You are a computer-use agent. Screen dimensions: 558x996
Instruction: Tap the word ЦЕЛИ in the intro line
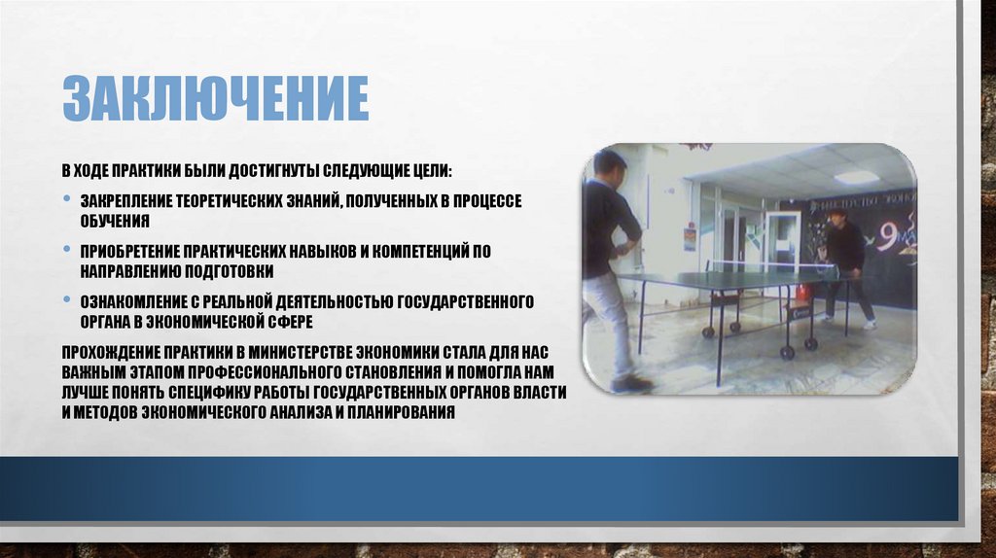[x=428, y=170]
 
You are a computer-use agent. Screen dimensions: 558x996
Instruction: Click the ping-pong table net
[x=768, y=264]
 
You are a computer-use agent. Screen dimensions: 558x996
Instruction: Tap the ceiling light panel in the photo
[x=856, y=178]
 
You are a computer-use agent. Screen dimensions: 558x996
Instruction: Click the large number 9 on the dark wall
[x=889, y=237]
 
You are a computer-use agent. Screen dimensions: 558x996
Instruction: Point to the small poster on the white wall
[x=689, y=237]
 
